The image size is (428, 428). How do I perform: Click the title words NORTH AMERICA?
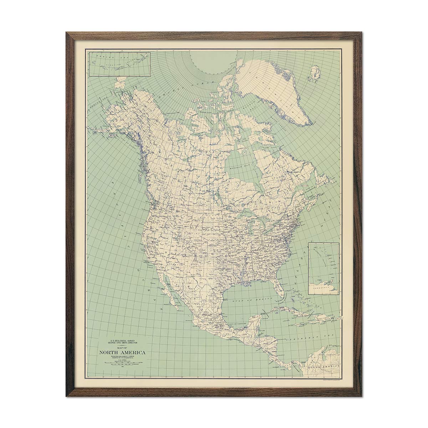coord(123,353)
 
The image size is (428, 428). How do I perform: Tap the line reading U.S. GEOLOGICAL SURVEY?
coord(122,341)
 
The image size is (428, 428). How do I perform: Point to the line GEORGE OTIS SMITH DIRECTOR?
coord(122,344)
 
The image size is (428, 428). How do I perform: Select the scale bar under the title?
coord(123,363)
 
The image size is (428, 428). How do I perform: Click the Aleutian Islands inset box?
coord(120,64)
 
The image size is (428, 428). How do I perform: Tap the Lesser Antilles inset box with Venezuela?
coord(324,268)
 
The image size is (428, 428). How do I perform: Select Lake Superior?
coord(250,214)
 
